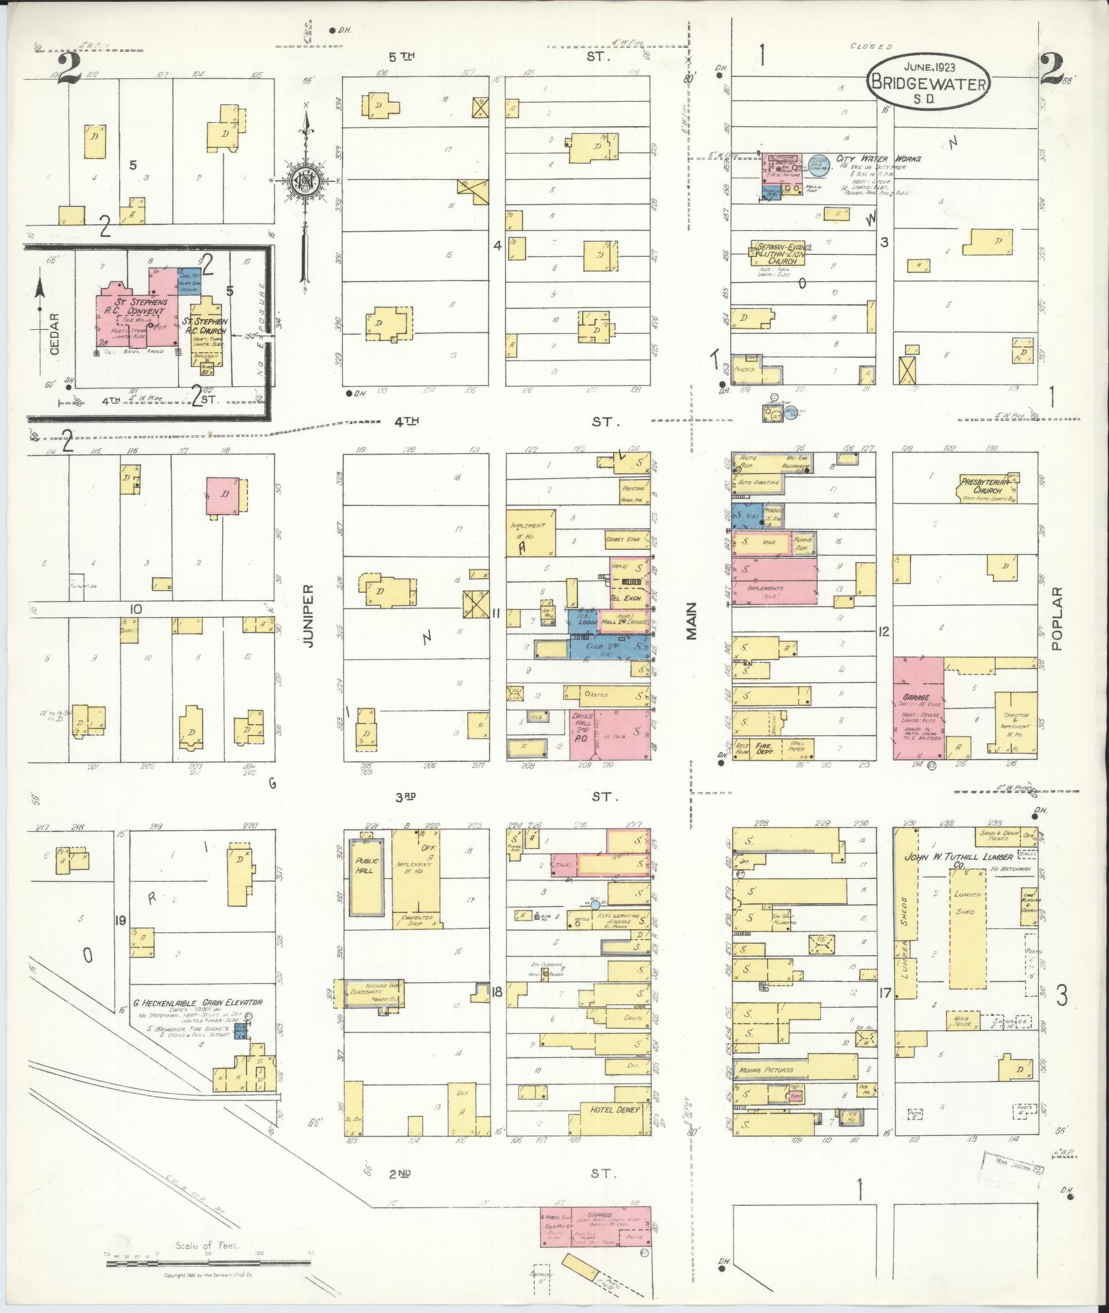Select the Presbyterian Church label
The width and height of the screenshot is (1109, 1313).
[x=987, y=486]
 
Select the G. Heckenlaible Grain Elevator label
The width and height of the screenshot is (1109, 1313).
[x=198, y=1003]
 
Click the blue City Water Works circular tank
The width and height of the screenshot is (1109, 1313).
[x=819, y=168]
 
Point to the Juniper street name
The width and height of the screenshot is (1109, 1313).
[x=308, y=615]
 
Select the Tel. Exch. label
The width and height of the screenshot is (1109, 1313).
[x=628, y=598]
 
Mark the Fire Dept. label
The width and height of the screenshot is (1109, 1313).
[x=765, y=747]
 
